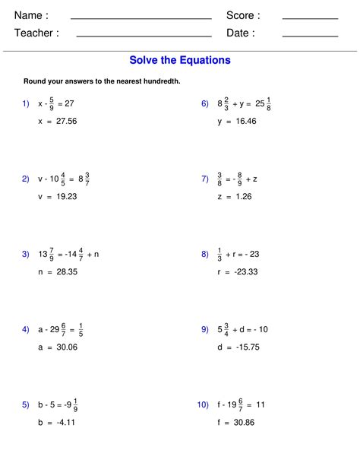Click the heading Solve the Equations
pos(180,60)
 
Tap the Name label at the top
pos(31,15)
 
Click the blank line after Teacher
pos(144,35)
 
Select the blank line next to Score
pos(310,17)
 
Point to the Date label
pos(241,33)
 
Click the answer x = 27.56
pos(58,121)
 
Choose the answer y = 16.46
pos(236,121)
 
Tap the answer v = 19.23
pos(58,196)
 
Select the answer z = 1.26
pos(234,196)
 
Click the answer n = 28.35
pos(58,271)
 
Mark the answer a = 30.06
pos(58,347)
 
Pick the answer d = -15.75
pos(238,347)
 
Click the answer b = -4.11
pos(56,422)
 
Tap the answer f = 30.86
pos(235,422)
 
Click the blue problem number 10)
pos(203,405)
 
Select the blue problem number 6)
pos(205,103)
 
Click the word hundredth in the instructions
pos(163,81)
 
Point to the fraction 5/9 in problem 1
pos(52,103)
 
